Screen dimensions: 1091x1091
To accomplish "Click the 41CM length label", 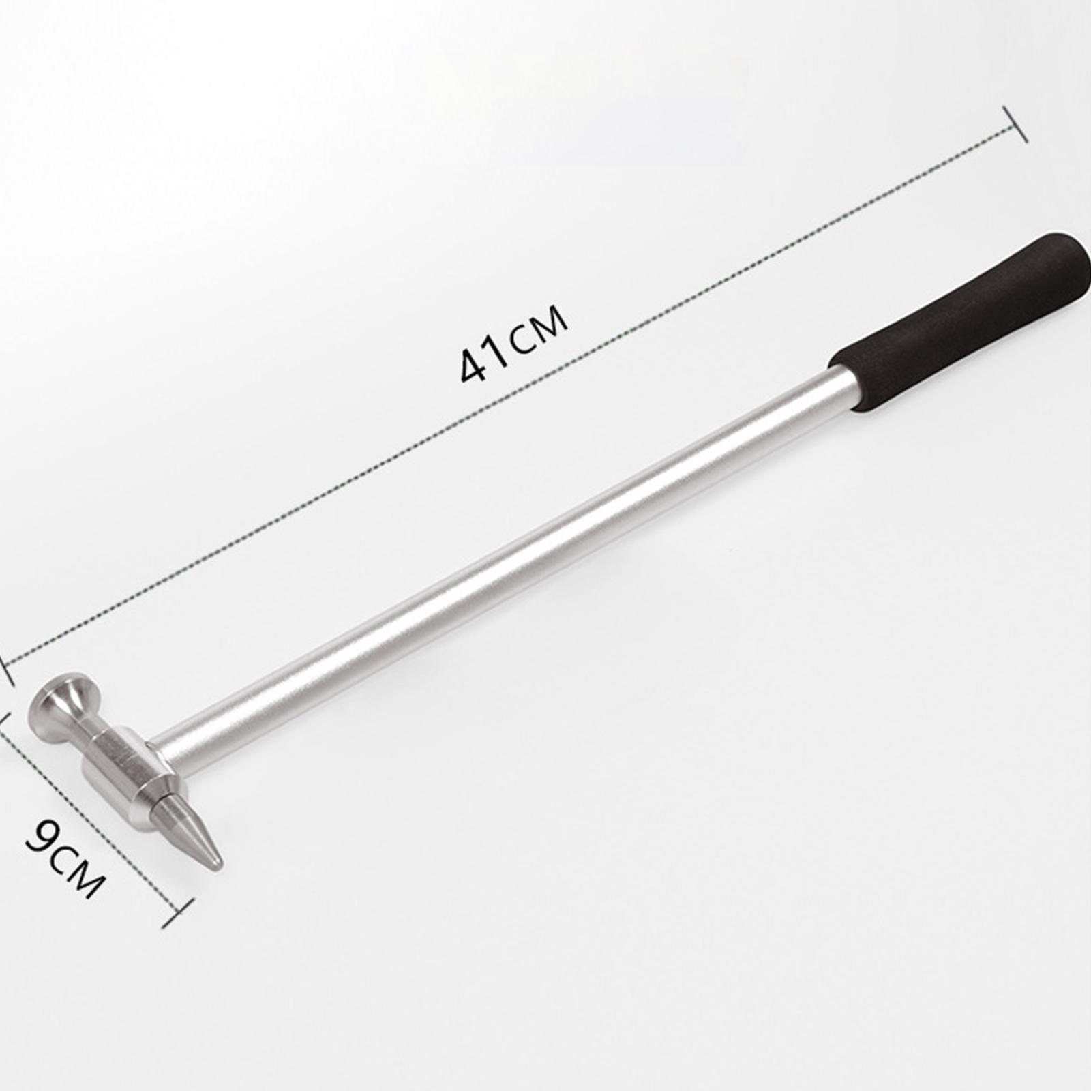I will pos(513,344).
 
